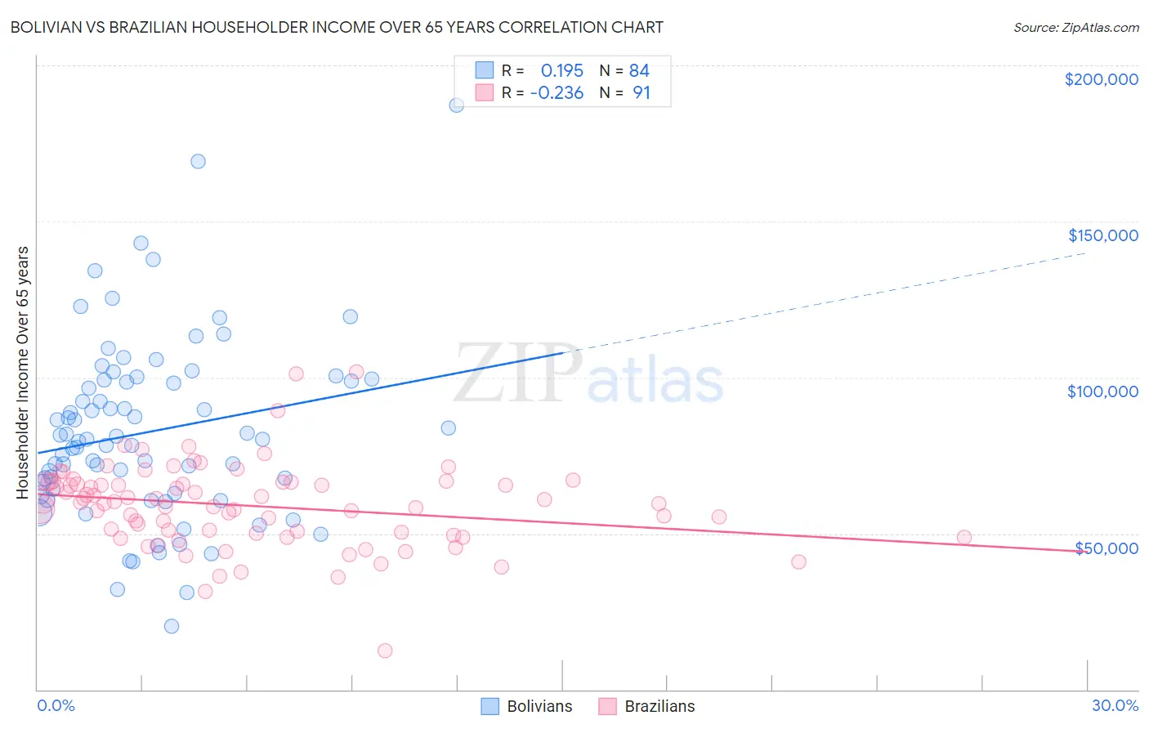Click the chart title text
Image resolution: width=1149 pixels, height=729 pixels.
coord(337,27)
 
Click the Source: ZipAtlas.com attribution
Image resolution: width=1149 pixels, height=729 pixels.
coord(1075,27)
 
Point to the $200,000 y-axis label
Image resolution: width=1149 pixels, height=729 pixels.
coord(1101,79)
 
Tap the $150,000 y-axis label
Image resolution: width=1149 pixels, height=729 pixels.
coord(1102,235)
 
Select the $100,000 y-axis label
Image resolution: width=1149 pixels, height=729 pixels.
coord(1102,391)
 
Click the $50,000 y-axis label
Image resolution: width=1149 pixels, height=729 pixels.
coord(1106,548)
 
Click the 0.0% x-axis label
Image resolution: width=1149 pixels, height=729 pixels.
coord(56,705)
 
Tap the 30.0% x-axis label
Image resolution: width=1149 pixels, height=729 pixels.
coord(1115,705)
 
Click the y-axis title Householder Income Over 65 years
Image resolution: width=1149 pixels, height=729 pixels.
coord(23,372)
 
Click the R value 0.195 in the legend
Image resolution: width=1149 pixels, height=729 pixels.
coord(561,70)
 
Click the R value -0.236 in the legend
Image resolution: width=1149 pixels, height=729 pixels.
coord(557,93)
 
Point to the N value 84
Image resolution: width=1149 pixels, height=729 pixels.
coord(639,70)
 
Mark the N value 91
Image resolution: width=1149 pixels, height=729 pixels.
coord(642,93)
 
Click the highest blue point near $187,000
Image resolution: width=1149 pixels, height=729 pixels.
coord(457,105)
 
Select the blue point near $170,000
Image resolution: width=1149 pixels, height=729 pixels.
coord(198,161)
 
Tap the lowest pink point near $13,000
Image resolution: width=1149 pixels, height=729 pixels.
coord(385,651)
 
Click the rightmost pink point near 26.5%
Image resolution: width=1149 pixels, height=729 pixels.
coord(964,537)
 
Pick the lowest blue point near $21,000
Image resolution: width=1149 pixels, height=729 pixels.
coord(172,626)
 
